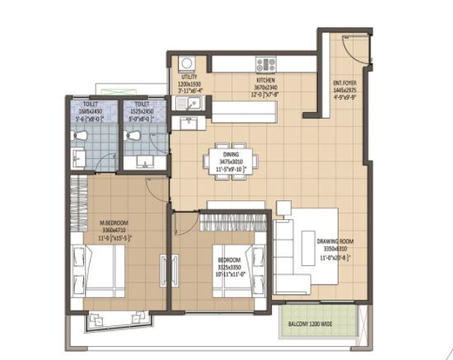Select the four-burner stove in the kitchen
click(265, 63)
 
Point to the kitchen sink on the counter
click(189, 104)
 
